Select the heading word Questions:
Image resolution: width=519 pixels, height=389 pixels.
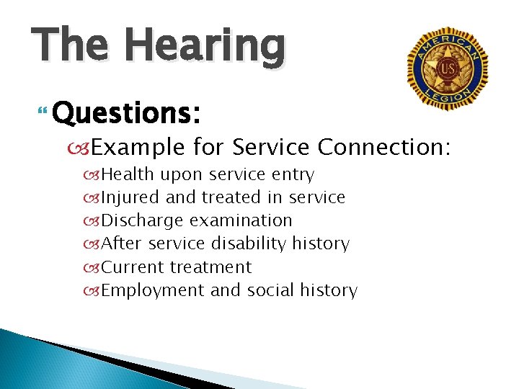126,112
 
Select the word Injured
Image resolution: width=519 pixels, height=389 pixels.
130,197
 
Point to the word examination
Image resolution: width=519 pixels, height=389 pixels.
241,220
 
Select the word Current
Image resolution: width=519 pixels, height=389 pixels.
133,267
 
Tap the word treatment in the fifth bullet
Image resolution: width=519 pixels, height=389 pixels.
210,267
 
